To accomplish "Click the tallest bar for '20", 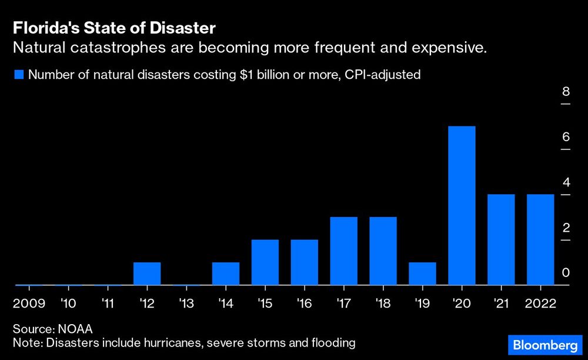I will (x=462, y=206).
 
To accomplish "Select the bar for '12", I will (x=147, y=274).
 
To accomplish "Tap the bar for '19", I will (x=422, y=274).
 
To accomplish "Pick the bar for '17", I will (x=343, y=251).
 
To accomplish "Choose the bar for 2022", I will (x=540, y=240).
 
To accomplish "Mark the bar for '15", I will (x=265, y=262).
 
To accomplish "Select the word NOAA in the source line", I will (x=75, y=328).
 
